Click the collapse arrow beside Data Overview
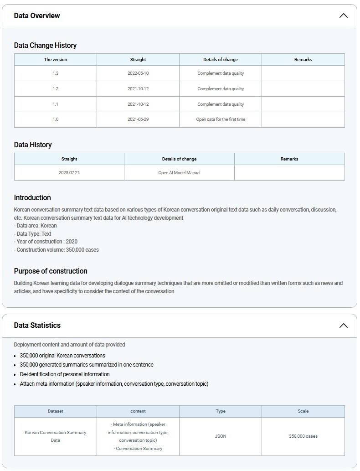point(344,16)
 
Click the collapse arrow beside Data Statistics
point(344,326)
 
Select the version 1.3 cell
point(56,73)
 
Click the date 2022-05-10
point(138,73)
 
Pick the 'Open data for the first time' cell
point(221,119)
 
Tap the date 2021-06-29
point(138,119)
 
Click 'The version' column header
point(56,60)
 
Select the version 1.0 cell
point(56,119)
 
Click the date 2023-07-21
point(69,173)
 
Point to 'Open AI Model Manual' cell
point(179,173)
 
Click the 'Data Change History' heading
point(45,46)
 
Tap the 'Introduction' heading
point(32,198)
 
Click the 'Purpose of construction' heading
point(51,271)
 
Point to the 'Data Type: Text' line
point(32,234)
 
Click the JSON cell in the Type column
point(221,436)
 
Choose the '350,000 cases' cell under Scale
point(303,436)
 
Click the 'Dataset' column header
point(56,411)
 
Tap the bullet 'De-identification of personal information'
point(65,374)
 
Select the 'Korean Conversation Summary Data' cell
point(56,436)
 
